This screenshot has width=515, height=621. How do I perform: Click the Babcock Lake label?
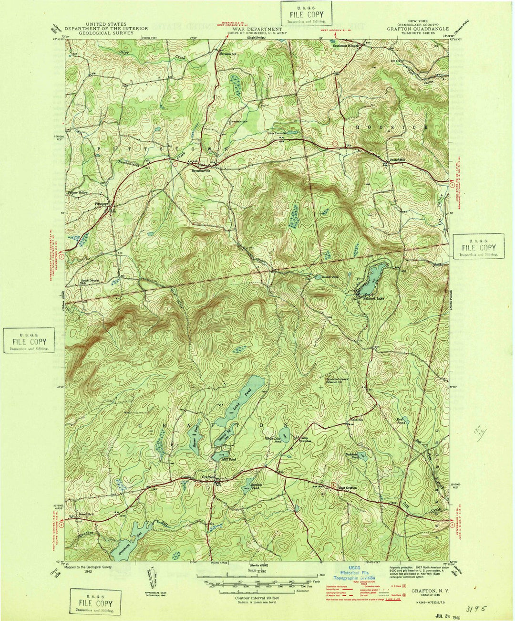(x=373, y=298)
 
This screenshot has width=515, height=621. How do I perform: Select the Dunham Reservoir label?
(x=126, y=541)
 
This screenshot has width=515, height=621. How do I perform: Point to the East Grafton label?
(x=348, y=488)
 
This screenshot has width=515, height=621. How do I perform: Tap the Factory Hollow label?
(x=77, y=192)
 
